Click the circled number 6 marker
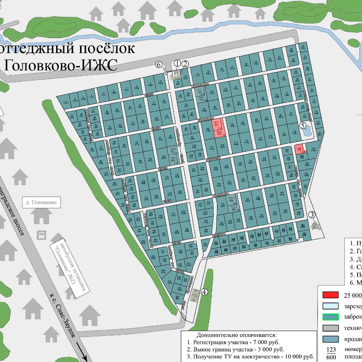[158, 64]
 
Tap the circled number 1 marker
[177, 63]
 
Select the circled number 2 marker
[185, 64]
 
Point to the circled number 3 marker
[312, 214]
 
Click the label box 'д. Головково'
[41, 202]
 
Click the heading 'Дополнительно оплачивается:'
[237, 335]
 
